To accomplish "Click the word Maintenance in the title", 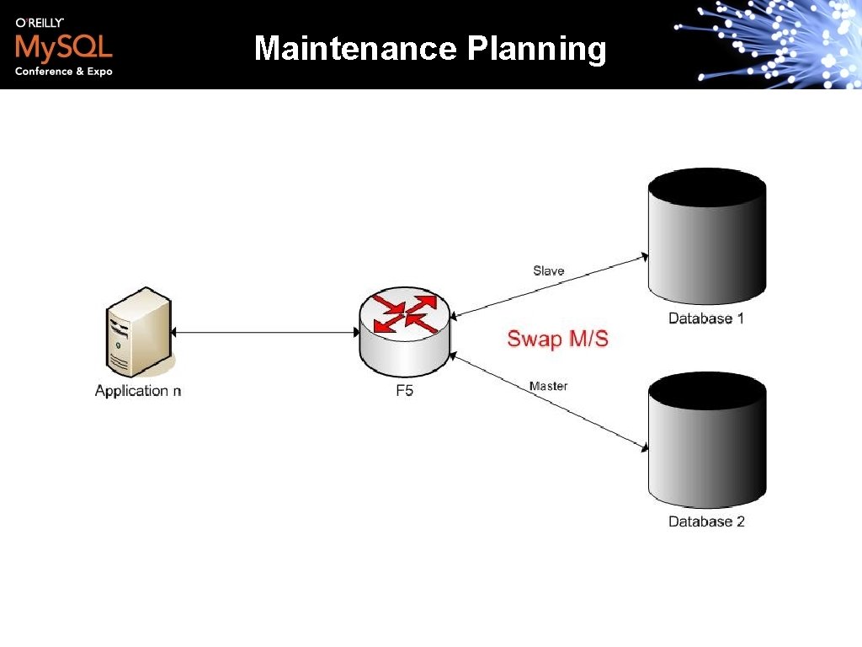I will click(354, 49).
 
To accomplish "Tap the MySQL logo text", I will click(63, 46).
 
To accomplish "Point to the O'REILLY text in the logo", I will click(40, 23).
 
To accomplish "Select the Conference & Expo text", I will click(63, 72).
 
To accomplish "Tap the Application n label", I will click(138, 390).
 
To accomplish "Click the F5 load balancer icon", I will click(404, 334).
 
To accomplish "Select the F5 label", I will click(404, 391).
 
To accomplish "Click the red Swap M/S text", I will click(557, 339).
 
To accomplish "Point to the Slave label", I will click(548, 270).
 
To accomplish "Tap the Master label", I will click(548, 386).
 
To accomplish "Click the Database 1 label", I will click(706, 318).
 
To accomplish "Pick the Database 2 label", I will click(706, 521).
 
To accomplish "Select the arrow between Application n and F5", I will click(264, 333).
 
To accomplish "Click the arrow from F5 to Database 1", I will click(547, 286).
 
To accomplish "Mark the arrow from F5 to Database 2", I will click(547, 400).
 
